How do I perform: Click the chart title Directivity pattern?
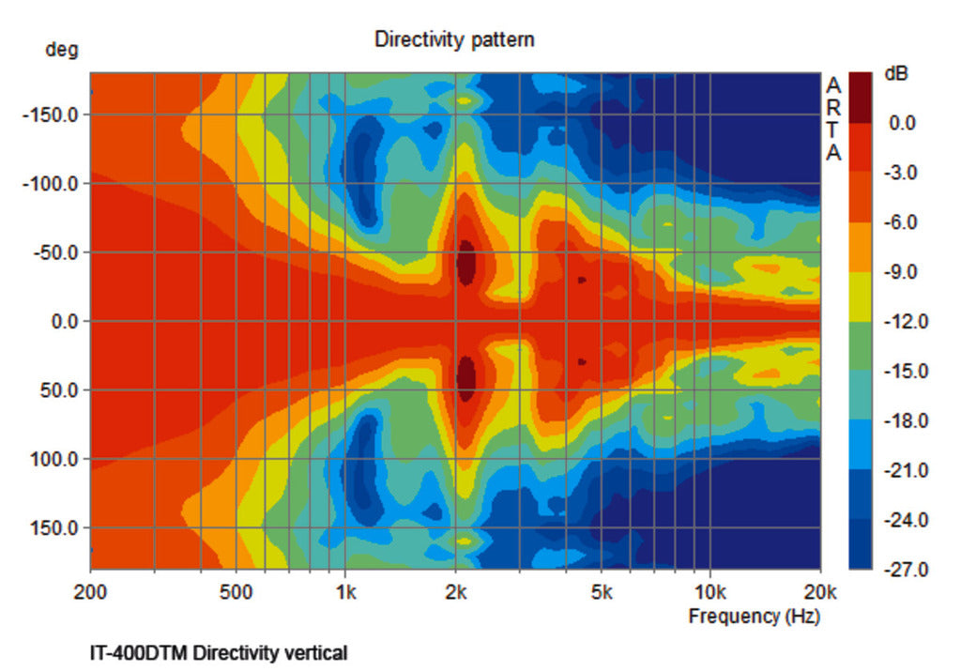tap(454, 39)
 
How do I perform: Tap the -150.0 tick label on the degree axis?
tap(55, 114)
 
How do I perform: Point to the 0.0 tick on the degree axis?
tap(65, 321)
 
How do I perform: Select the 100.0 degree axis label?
tap(59, 459)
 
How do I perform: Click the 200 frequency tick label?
tap(90, 592)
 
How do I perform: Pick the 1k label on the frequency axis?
tap(345, 592)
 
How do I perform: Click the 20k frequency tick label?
tap(820, 592)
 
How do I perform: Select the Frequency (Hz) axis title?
tap(754, 617)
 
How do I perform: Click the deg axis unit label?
tap(62, 50)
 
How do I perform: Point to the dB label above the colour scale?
tap(896, 73)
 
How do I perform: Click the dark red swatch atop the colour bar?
tap(861, 97)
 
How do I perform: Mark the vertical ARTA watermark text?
tap(833, 119)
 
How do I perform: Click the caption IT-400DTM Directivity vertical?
tap(218, 652)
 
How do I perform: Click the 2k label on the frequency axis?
tap(456, 592)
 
